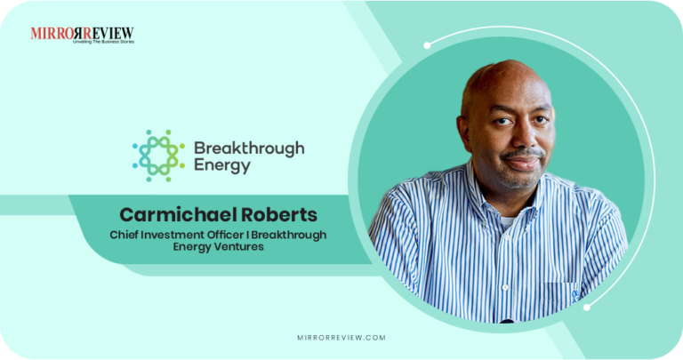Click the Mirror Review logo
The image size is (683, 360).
pyautogui.click(x=82, y=34)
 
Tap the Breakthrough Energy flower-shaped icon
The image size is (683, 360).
pyautogui.click(x=158, y=156)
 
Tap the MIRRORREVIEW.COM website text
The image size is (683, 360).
pyautogui.click(x=341, y=338)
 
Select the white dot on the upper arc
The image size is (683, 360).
pyautogui.click(x=427, y=44)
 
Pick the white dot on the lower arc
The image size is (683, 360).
pyautogui.click(x=587, y=308)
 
